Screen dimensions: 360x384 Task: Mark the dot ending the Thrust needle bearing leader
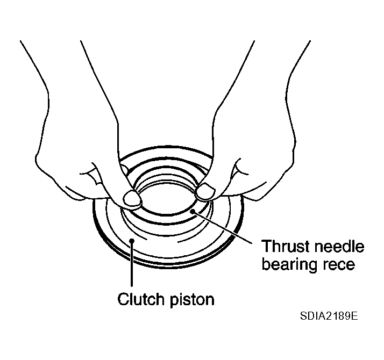click(196, 212)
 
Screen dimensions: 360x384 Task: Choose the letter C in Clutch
click(123, 299)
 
